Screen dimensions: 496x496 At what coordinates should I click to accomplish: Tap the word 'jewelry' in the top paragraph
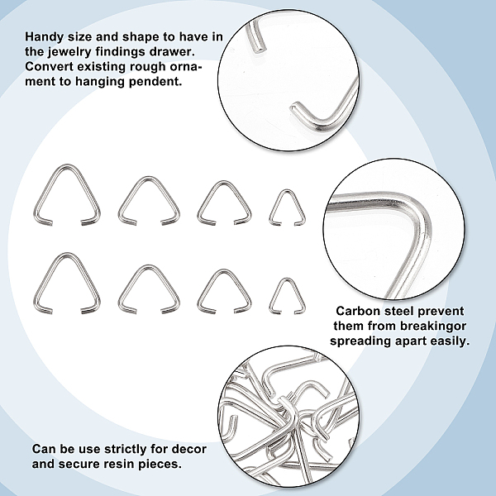69,52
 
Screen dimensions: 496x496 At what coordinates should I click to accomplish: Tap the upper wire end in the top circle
258,48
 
